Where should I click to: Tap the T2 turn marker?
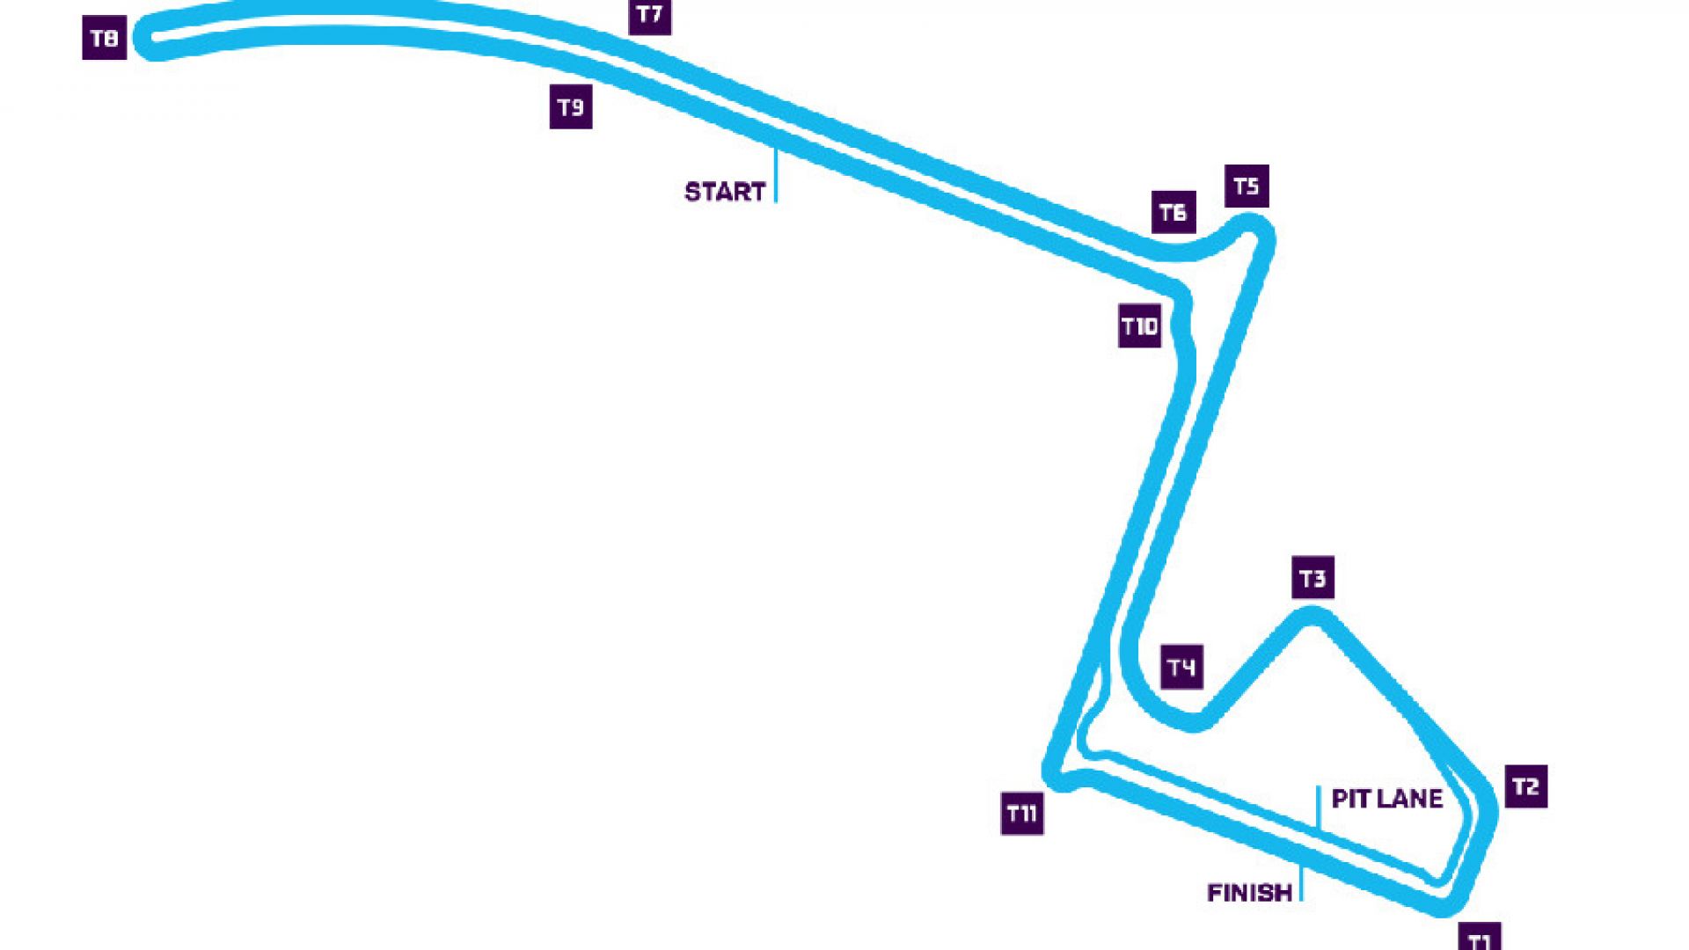tap(1525, 786)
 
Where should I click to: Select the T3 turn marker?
tap(1312, 577)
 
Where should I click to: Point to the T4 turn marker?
tap(1181, 667)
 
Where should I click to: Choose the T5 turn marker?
tap(1247, 186)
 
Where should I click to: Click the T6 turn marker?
tap(1174, 212)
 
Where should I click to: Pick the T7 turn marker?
tap(650, 15)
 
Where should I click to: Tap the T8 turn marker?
tap(105, 38)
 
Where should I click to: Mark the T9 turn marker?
tap(571, 107)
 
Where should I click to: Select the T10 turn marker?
tap(1140, 326)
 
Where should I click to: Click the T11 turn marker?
tap(1022, 813)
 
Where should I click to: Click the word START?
tap(725, 192)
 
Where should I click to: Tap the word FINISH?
tap(1249, 893)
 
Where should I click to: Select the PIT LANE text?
tap(1387, 799)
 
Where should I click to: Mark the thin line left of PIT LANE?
tap(1319, 807)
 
